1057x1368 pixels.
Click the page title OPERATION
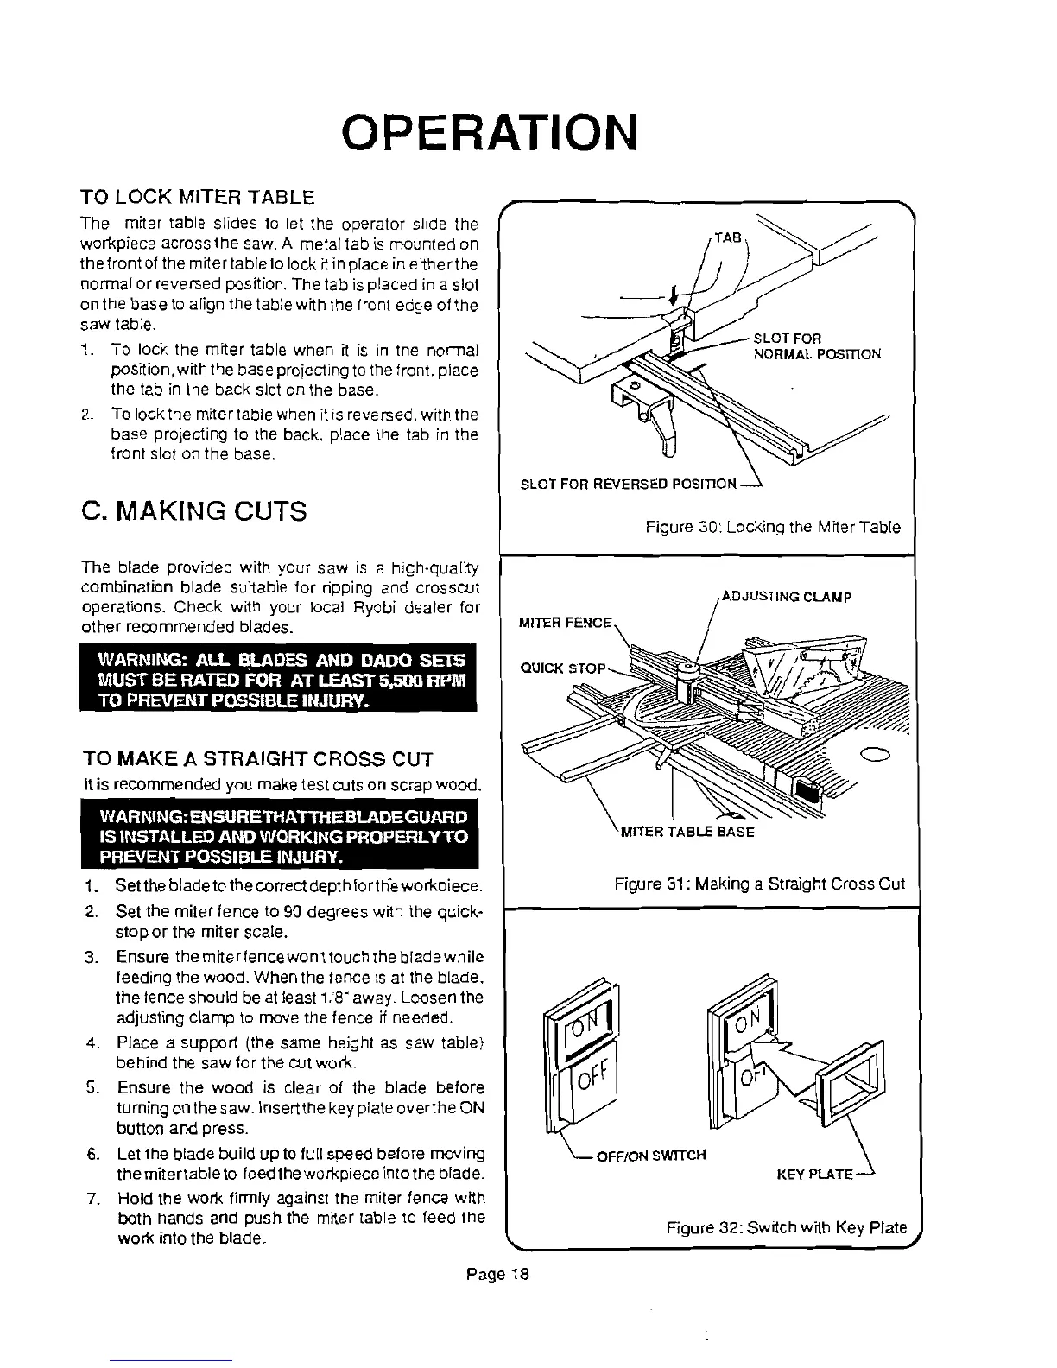[490, 131]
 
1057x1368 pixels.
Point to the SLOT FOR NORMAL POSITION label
[817, 345]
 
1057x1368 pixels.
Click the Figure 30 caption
[773, 527]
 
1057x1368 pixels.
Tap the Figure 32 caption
[786, 1227]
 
